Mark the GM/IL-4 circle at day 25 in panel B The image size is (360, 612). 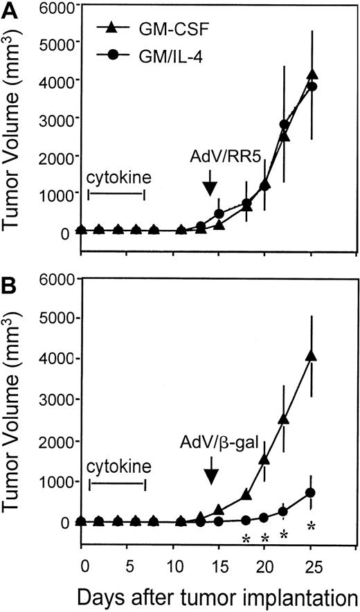coord(312,492)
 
